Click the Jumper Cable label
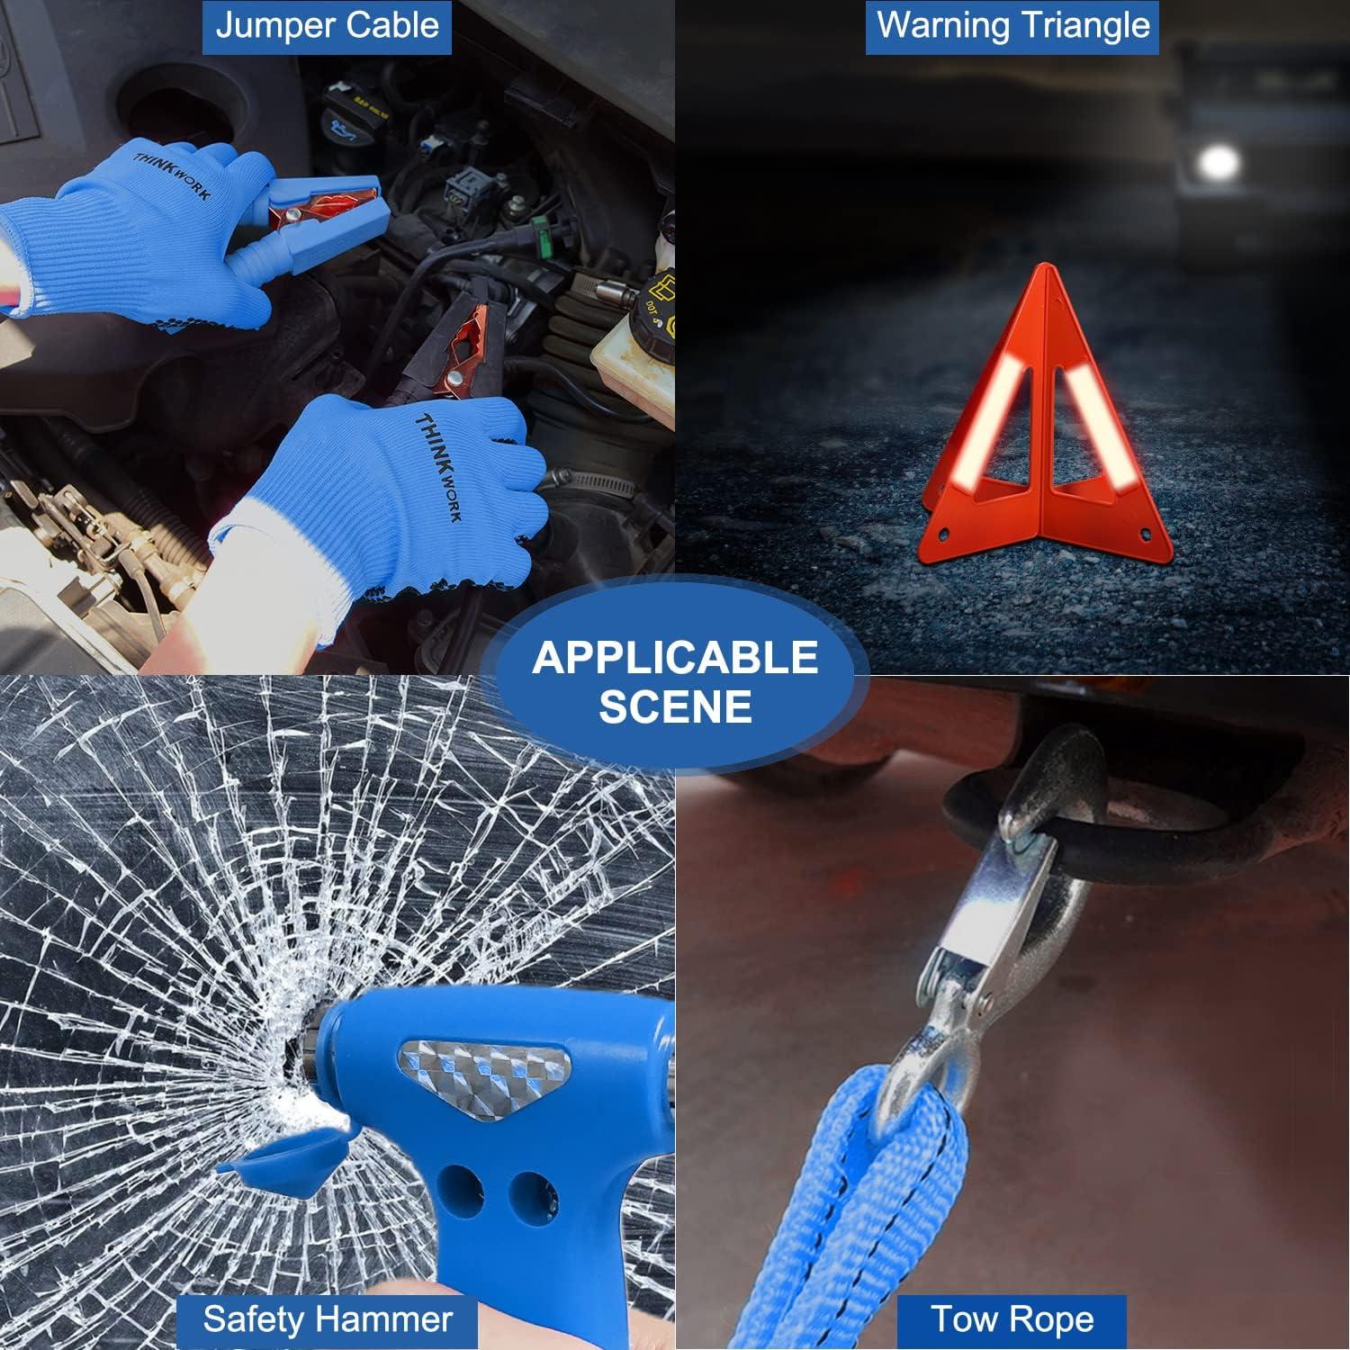[x=327, y=26]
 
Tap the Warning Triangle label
[x=1012, y=26]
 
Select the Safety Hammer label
[x=327, y=1319]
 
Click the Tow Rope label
[x=1012, y=1319]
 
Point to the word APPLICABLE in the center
[x=674, y=658]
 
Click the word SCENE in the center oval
[x=674, y=706]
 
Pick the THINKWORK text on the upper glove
[x=171, y=175]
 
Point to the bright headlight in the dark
[x=1220, y=162]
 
